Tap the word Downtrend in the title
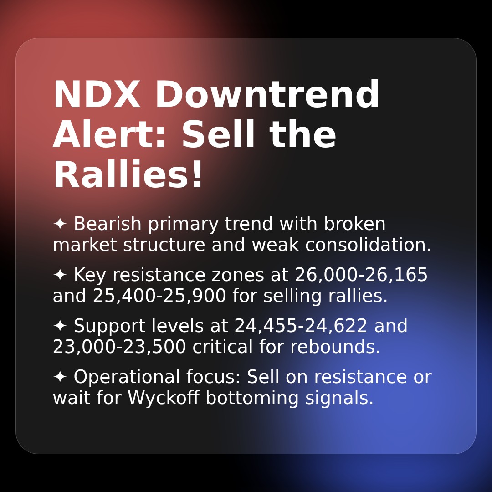[267, 96]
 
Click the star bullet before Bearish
[60, 224]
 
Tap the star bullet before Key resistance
[60, 275]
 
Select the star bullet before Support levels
[60, 326]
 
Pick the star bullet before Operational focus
[60, 377]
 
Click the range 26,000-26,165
[361, 275]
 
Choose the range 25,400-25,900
[159, 296]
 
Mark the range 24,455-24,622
[301, 326]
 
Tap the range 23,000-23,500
[119, 347]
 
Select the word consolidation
[368, 245]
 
